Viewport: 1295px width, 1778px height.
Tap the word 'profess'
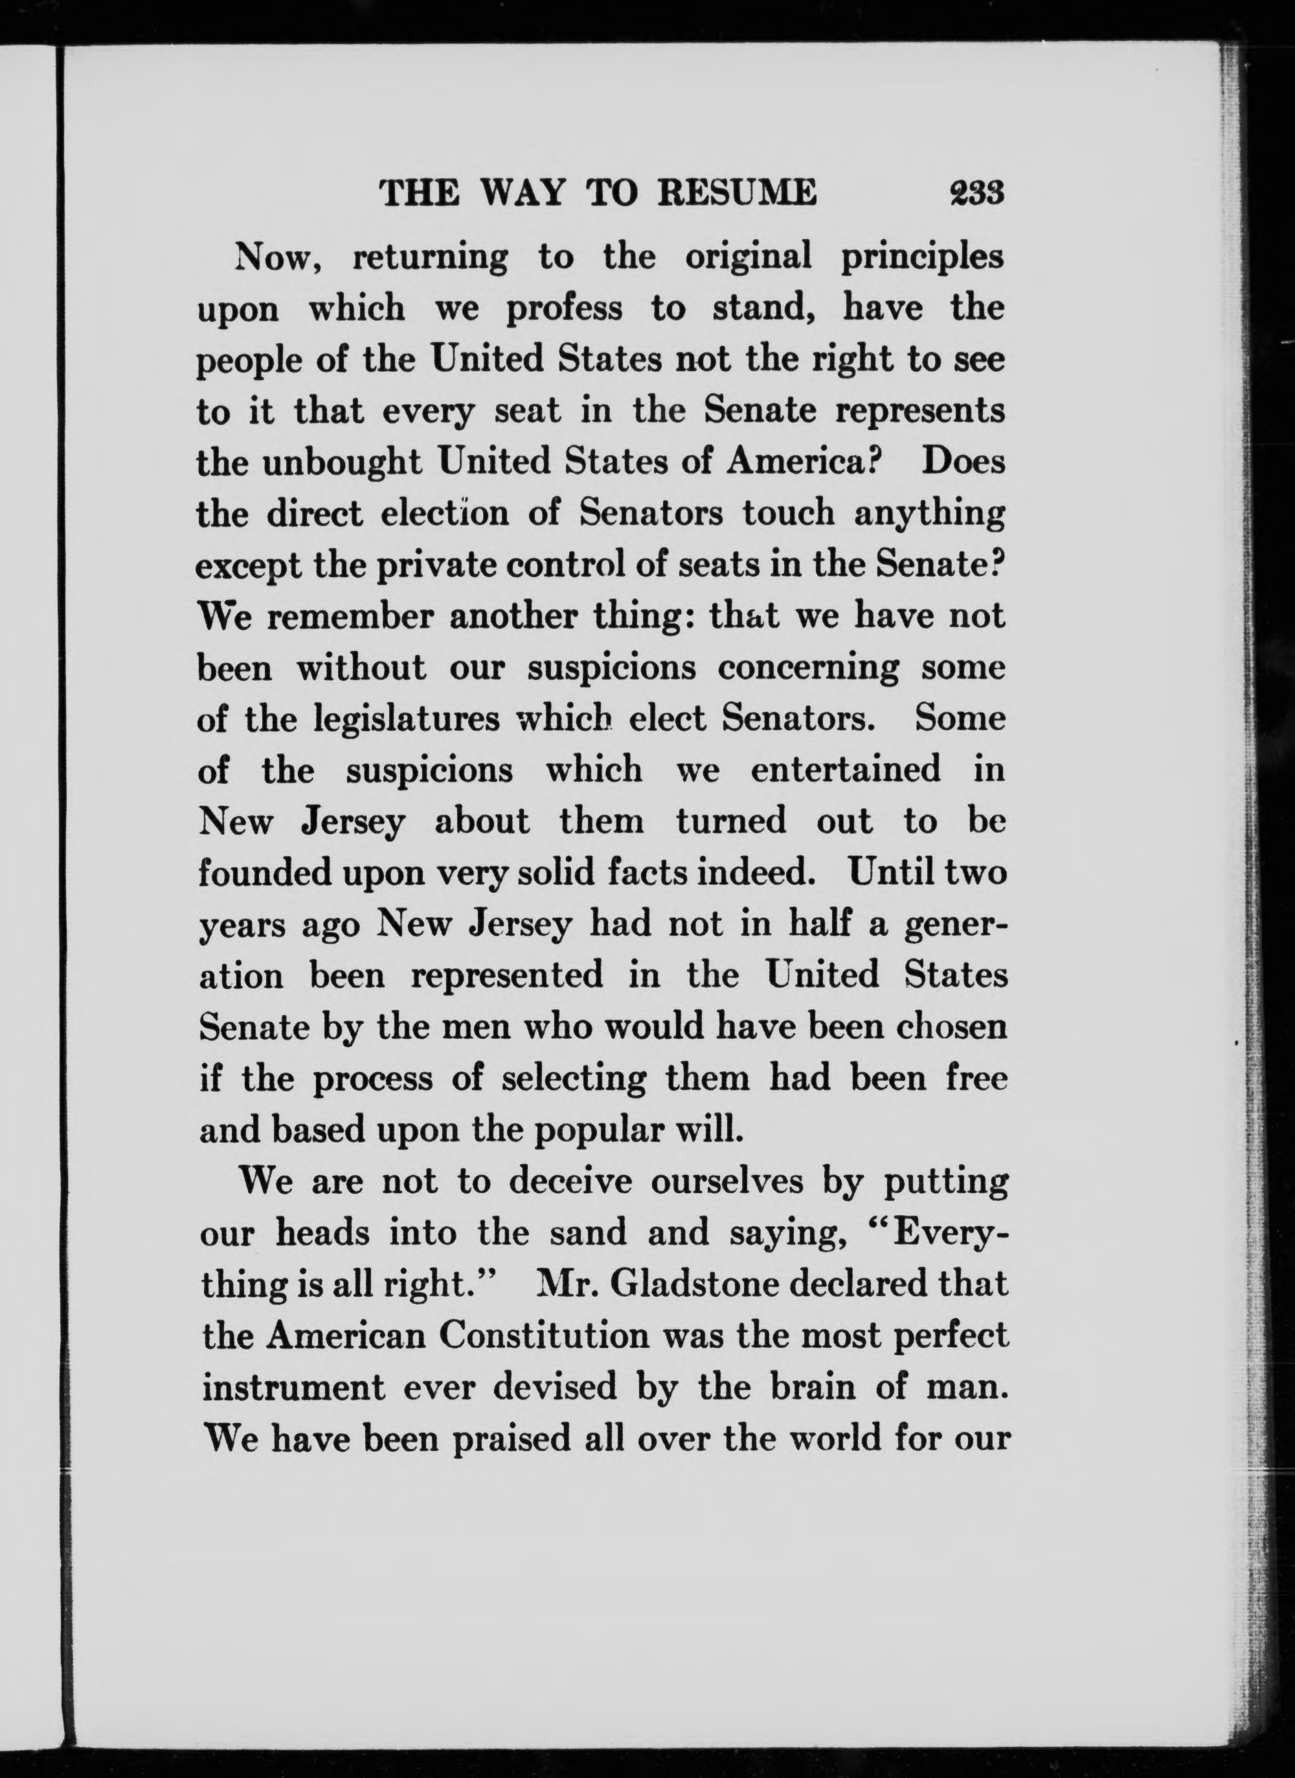point(565,310)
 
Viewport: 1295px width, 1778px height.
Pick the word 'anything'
point(930,515)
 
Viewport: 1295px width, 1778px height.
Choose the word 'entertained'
point(846,771)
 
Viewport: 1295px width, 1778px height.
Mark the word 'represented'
point(507,977)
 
